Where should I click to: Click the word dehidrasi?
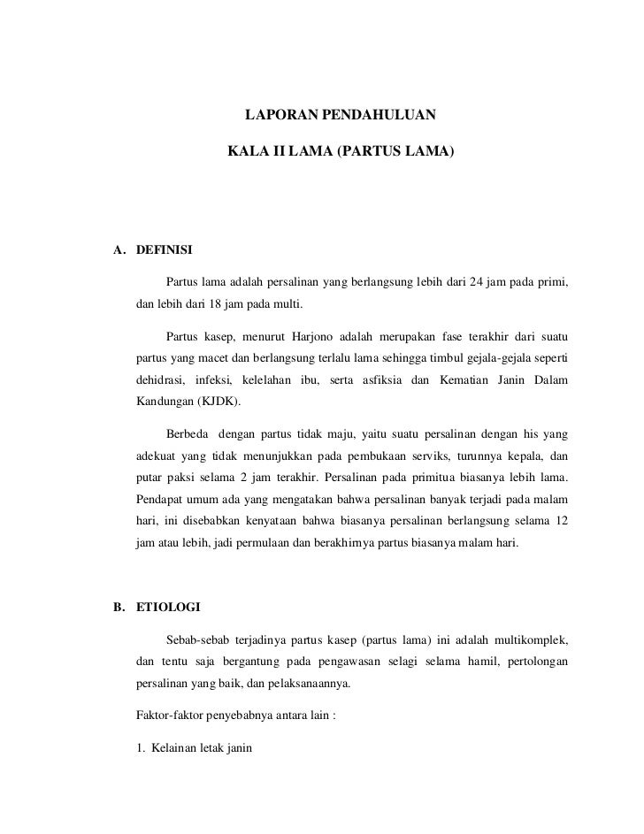coord(159,381)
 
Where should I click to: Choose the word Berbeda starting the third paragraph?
coord(187,434)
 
